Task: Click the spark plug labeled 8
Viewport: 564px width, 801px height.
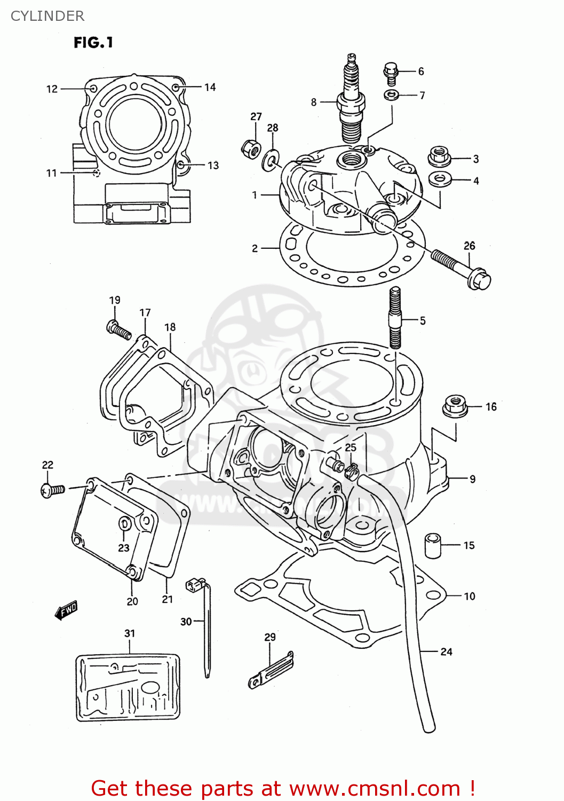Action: click(351, 101)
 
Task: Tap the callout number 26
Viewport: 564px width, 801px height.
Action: click(469, 246)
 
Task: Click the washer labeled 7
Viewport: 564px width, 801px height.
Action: click(391, 95)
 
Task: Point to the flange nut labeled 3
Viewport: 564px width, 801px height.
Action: click(439, 156)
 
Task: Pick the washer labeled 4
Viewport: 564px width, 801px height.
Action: click(440, 178)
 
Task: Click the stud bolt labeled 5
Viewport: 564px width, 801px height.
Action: click(395, 318)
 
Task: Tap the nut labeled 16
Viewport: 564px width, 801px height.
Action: click(455, 406)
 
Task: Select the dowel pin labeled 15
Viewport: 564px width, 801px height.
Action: click(433, 545)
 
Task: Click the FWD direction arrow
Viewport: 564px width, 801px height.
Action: click(67, 610)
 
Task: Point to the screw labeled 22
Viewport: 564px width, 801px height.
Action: click(52, 489)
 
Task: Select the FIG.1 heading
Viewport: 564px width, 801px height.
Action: click(93, 42)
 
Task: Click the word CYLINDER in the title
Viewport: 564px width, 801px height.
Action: click(47, 16)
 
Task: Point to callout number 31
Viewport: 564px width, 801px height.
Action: click(130, 633)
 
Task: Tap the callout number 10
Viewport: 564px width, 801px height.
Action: click(470, 596)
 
